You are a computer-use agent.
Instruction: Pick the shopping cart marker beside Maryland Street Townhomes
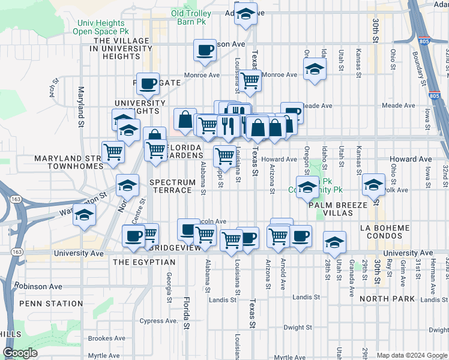click(x=113, y=152)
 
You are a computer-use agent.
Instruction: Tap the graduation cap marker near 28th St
click(x=334, y=242)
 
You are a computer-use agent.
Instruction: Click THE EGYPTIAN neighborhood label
click(x=144, y=262)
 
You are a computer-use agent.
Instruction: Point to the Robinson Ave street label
click(x=39, y=286)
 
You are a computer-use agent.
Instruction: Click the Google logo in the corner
click(x=20, y=353)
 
